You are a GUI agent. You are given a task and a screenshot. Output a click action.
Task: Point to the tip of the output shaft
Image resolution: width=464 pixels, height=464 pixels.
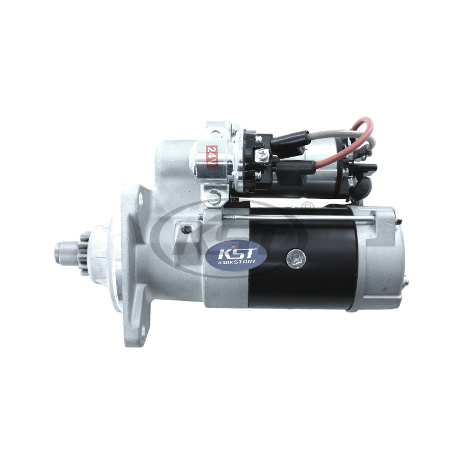59,252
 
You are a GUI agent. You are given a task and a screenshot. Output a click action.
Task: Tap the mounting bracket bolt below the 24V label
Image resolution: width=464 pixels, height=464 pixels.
215,198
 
